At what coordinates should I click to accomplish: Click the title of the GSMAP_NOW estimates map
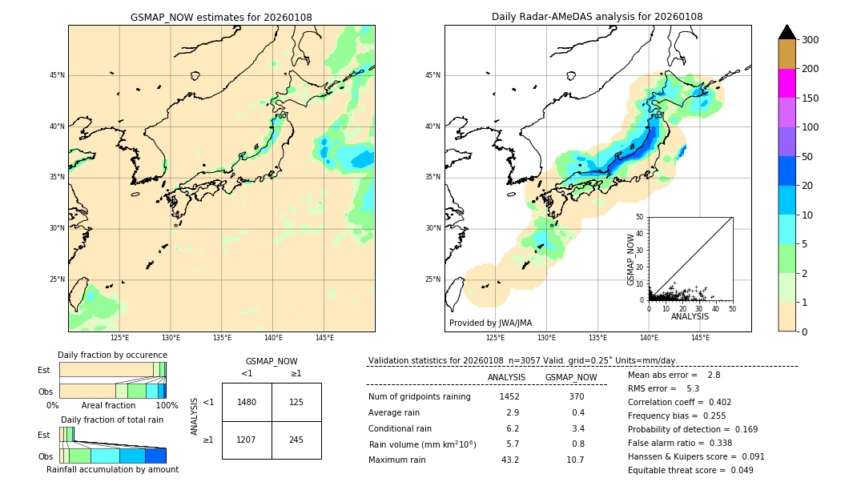pos(221,17)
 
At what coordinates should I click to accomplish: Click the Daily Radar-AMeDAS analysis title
pos(597,17)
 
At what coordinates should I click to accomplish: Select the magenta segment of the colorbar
pos(787,83)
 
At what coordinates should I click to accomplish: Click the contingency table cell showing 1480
pos(247,402)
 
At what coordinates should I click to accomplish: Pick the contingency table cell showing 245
pos(296,440)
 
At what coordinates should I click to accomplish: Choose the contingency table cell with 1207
pos(247,440)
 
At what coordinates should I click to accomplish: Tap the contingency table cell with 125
pos(296,402)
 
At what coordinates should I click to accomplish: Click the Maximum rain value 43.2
pos(509,460)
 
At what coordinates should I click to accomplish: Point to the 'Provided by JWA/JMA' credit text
pos(490,323)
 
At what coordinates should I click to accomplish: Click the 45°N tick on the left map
pos(57,75)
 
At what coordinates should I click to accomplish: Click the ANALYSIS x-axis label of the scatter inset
pos(690,316)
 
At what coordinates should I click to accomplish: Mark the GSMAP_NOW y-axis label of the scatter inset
pos(631,259)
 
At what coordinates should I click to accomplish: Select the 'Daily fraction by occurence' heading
pos(112,355)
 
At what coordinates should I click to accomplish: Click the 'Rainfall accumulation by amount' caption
pos(112,469)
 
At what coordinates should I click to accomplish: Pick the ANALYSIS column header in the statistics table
pos(506,377)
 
